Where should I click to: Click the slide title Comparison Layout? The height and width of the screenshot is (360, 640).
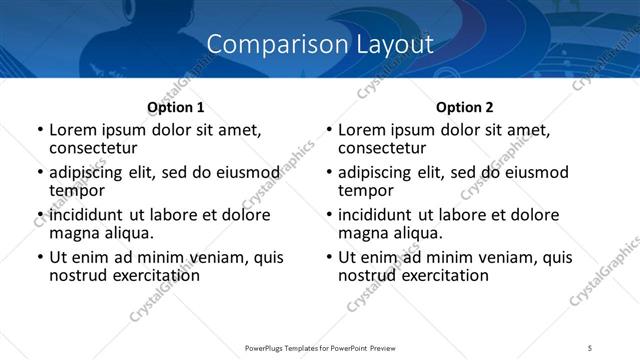320,44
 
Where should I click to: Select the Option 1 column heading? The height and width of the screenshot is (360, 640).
175,107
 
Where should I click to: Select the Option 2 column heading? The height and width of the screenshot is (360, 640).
465,107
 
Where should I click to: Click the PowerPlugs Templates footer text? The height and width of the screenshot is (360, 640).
319,348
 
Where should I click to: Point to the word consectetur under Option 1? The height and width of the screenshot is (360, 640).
92,148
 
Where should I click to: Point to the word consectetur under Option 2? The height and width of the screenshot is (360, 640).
382,148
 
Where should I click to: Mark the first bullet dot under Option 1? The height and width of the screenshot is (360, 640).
39,131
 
